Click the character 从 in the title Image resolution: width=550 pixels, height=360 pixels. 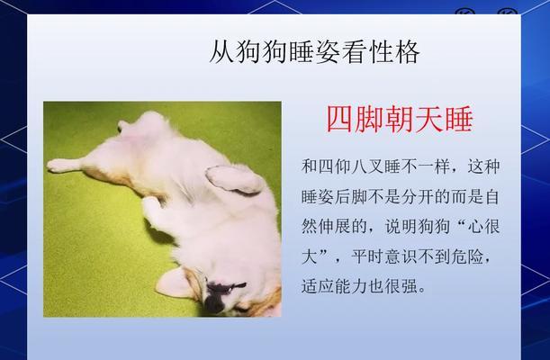click(222, 52)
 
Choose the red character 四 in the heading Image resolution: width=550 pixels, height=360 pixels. click(340, 119)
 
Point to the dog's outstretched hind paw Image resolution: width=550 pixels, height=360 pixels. click(60, 165)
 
